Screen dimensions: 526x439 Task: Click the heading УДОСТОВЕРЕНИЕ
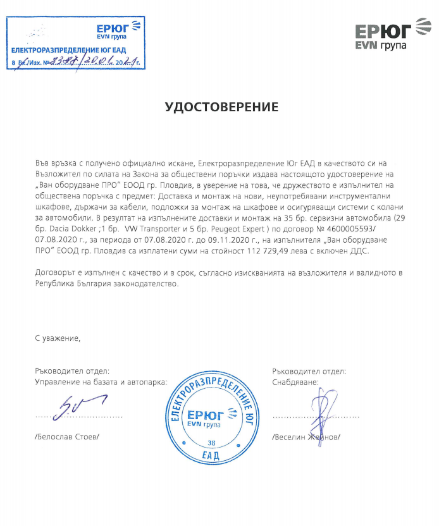221,107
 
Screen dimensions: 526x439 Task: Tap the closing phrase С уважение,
58,339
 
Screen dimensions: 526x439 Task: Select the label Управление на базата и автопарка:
101,382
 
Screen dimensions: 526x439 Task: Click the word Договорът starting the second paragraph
55,272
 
